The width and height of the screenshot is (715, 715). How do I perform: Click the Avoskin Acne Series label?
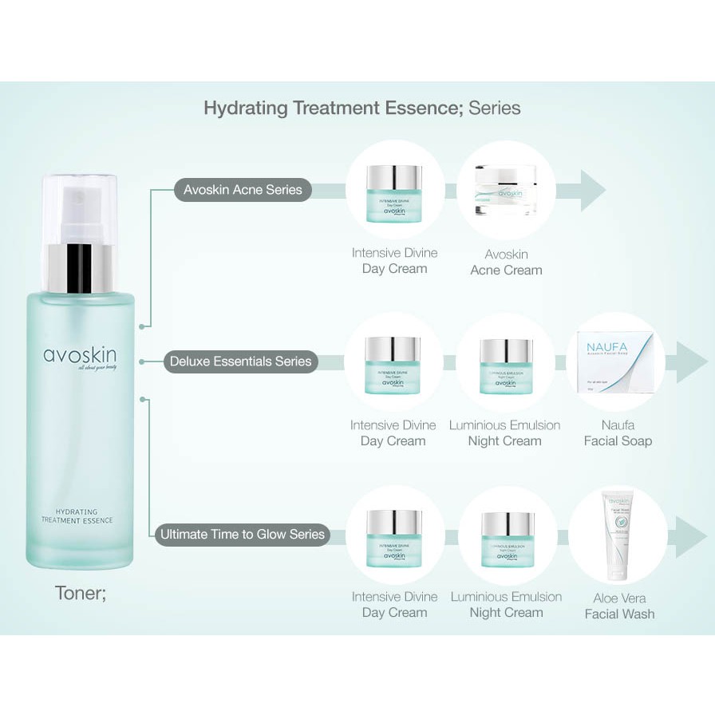coord(243,190)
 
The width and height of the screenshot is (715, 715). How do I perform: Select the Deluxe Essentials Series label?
coord(240,361)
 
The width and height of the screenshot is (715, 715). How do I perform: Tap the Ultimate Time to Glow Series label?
coord(242,534)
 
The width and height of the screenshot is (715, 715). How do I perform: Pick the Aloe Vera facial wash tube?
coord(618,534)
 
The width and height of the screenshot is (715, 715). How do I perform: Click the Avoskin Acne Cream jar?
coord(505,190)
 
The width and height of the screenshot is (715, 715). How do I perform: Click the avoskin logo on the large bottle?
coord(80,356)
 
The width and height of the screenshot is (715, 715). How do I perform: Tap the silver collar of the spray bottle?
coord(79,268)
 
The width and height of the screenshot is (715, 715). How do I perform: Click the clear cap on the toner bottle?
coord(79,209)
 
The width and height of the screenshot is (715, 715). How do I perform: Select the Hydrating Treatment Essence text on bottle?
coord(77,516)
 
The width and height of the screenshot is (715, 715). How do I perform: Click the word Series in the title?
coord(495,108)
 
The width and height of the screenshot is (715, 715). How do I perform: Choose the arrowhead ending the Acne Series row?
coord(593,191)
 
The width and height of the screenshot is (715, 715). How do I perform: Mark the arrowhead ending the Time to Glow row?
coord(691,537)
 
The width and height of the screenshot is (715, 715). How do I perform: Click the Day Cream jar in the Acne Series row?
coord(394,192)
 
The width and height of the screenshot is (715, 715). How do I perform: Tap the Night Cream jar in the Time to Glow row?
coord(508,539)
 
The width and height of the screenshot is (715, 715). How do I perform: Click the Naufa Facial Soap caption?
coord(618,433)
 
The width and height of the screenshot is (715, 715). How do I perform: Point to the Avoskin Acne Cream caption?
coord(506,262)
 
